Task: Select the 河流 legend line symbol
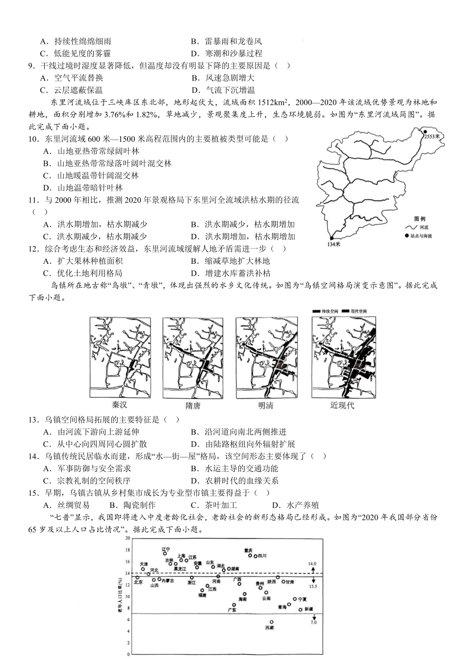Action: tap(410, 228)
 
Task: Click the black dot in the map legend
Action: tap(407, 236)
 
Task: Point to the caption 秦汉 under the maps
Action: tap(120, 405)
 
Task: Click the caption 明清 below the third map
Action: tap(266, 405)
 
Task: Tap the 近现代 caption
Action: tap(342, 405)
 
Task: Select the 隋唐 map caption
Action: tap(193, 405)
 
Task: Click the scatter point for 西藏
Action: tap(271, 622)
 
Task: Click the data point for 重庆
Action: tap(250, 556)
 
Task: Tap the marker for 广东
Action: tap(234, 605)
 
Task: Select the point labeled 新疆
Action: tap(301, 609)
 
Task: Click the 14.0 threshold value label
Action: tap(312, 564)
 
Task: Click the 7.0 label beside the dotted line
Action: tap(313, 622)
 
